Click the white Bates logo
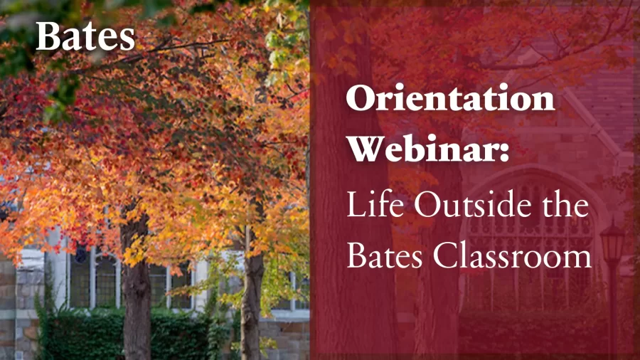tap(85, 37)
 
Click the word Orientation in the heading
tap(451, 98)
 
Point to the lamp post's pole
tap(613, 311)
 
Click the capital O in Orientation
tap(362, 98)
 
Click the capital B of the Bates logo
tap(48, 37)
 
